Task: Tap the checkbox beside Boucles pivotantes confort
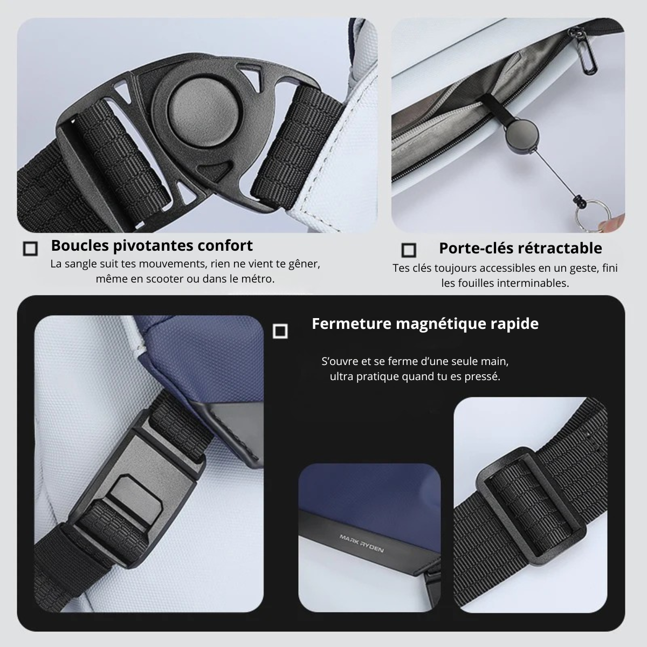pos(31,249)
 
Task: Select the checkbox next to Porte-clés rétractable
pos(409,250)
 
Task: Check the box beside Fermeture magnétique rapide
pos(280,331)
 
